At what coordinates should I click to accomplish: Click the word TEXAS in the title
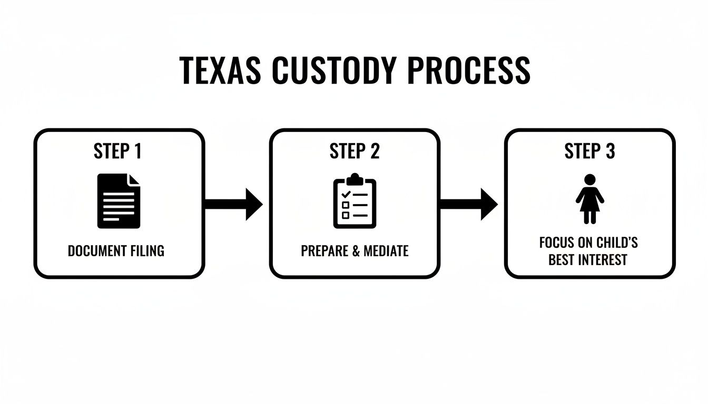coord(220,70)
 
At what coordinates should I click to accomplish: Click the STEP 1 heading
coord(118,151)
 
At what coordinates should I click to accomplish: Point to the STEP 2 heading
coord(354,151)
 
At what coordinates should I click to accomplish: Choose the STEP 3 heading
coord(589,151)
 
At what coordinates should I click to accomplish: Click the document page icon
coord(119,201)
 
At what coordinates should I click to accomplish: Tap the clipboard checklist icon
coord(355,201)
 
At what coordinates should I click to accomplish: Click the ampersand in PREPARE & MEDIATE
coord(355,251)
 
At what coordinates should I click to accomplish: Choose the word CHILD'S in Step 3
coord(617,243)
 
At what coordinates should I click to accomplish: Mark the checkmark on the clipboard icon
coord(346,194)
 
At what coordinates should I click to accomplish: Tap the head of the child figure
coord(589,179)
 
